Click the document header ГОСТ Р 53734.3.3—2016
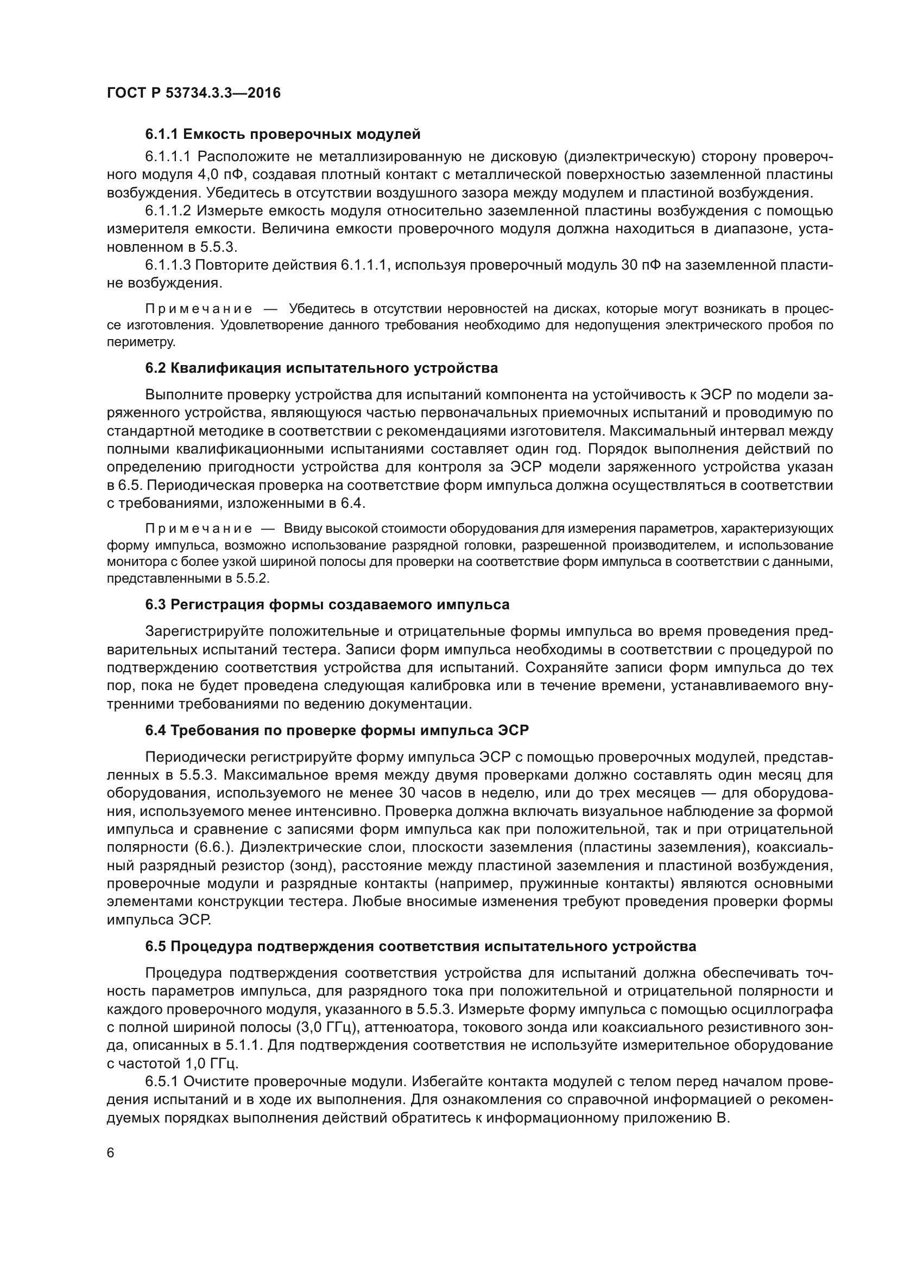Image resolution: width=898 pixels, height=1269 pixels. coord(193,93)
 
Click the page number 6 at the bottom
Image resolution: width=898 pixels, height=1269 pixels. coord(111,1153)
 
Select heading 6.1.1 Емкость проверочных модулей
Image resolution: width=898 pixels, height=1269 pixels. coord(282,134)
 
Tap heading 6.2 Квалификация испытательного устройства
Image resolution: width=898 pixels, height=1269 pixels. coord(321,367)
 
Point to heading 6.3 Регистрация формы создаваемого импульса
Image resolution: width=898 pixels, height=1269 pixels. coord(327,604)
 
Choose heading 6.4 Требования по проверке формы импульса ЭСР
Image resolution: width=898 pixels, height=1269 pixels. coord(337,730)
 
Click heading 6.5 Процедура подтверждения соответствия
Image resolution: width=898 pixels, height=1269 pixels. coord(420,946)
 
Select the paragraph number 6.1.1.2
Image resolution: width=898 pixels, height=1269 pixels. coord(168,211)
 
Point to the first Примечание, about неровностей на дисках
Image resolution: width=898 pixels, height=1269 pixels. coord(199,308)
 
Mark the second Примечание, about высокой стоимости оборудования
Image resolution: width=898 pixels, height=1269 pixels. coord(199,528)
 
